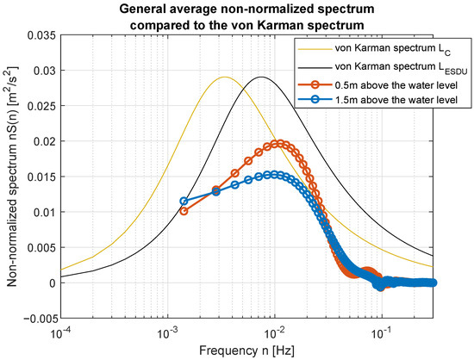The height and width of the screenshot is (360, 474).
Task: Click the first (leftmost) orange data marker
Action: [x=184, y=210]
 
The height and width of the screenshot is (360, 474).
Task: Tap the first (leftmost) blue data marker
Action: [x=184, y=202]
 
